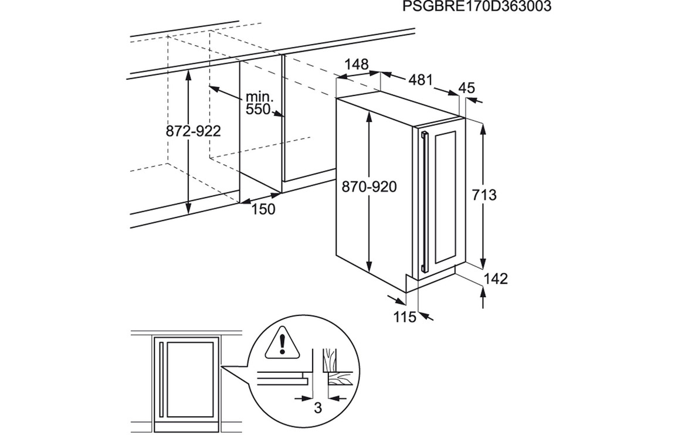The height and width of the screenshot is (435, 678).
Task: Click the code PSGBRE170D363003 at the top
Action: (x=477, y=6)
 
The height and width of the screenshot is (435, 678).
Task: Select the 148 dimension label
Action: (x=357, y=64)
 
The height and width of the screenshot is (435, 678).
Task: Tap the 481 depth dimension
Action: (x=421, y=80)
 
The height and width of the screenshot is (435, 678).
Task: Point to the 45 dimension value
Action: (x=466, y=88)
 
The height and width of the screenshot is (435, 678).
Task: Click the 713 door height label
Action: (x=484, y=195)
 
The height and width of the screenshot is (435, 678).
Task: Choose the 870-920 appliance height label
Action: (x=369, y=186)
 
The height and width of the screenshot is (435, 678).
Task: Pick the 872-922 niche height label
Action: (x=194, y=131)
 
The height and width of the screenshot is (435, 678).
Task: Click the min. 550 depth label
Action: (x=259, y=103)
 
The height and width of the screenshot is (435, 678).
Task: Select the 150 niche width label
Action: (x=263, y=209)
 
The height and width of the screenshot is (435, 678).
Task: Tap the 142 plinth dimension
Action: (x=496, y=279)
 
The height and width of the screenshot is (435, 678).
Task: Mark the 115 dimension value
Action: (x=404, y=317)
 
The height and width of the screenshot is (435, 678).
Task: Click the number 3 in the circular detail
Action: (x=318, y=408)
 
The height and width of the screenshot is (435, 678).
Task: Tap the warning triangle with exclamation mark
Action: (x=282, y=344)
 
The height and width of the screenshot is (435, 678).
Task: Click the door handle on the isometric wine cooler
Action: (x=424, y=202)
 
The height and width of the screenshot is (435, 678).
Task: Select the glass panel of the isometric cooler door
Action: (x=445, y=197)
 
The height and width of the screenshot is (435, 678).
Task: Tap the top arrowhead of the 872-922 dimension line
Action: (x=188, y=74)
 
